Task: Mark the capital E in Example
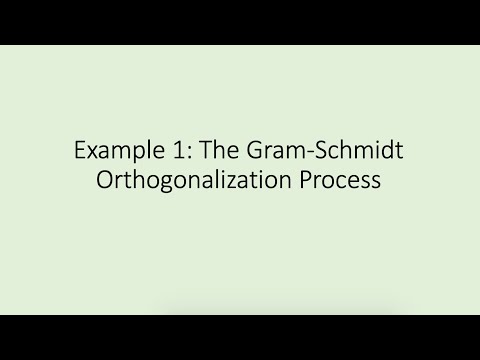tap(80, 152)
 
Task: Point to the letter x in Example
tap(92, 154)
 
